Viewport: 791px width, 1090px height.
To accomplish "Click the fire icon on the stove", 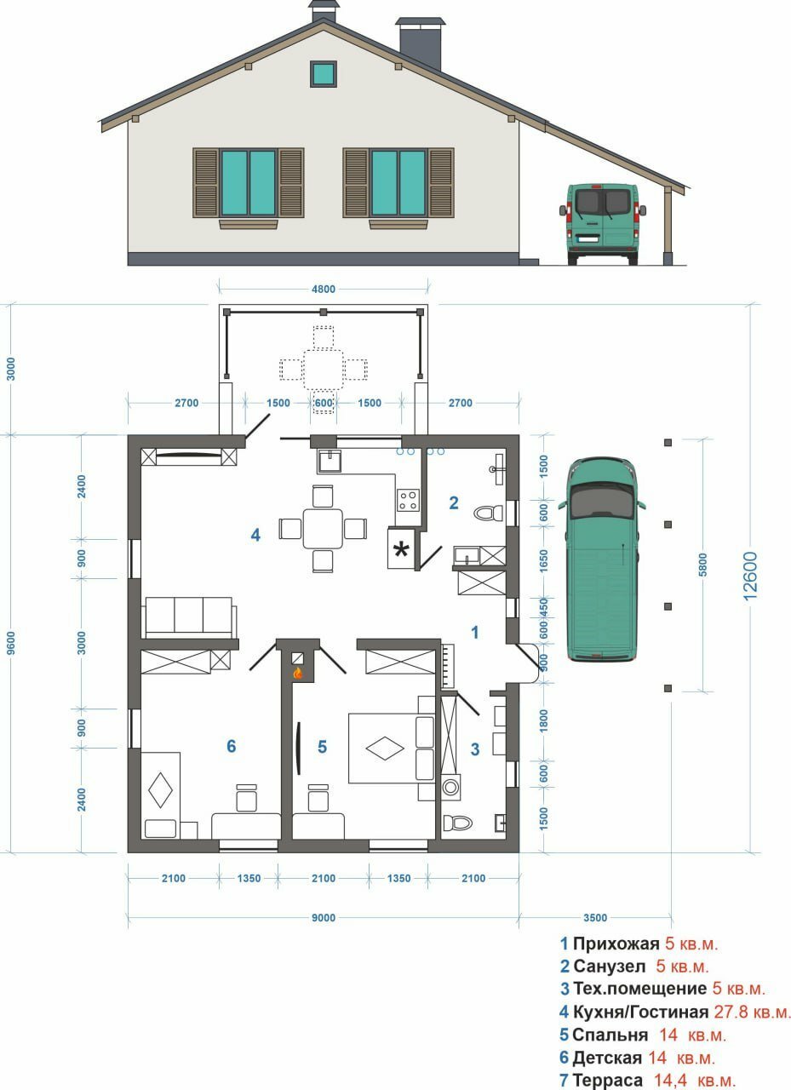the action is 297,674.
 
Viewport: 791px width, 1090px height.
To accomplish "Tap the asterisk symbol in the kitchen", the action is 401,550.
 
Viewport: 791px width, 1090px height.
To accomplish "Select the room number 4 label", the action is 255,536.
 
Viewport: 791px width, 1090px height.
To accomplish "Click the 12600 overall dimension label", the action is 750,576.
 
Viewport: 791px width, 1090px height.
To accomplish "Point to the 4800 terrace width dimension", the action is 324,289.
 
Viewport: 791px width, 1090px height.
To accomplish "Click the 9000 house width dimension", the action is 324,918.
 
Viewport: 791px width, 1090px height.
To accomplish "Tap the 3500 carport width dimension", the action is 595,918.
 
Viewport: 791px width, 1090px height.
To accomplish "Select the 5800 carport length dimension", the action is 702,565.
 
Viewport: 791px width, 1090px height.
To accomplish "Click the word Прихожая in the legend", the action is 616,944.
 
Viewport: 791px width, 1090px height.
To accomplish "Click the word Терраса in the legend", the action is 607,1081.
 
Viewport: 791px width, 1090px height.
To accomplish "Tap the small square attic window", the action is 324,73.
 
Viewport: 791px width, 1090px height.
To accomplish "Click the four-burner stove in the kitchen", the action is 408,500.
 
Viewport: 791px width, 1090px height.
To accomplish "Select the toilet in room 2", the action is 488,513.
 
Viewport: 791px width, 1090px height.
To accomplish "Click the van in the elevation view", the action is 603,223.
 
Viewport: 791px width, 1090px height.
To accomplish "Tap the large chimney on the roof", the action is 421,43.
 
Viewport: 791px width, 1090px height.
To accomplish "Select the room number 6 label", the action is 232,746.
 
